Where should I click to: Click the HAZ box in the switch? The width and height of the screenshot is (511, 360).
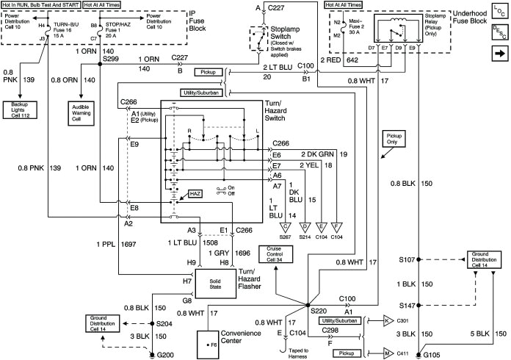coord(195,193)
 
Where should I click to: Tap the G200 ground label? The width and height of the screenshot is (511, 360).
coord(162,354)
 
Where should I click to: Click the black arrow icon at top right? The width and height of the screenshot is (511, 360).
coord(495,54)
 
